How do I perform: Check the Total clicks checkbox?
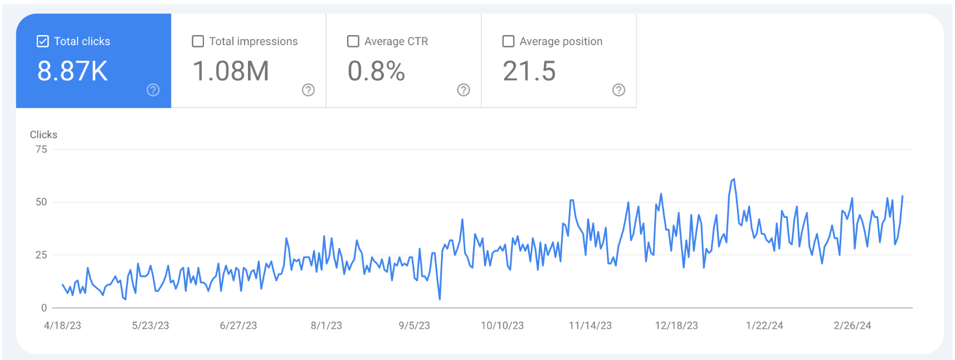(42, 41)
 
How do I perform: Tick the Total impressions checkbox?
(198, 41)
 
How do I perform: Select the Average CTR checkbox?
(353, 41)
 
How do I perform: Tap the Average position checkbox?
(508, 41)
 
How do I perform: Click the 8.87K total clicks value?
(72, 71)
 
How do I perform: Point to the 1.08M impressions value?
(231, 71)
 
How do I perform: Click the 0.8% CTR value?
(376, 71)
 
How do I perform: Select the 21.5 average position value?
(529, 71)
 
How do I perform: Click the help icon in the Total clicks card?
(153, 90)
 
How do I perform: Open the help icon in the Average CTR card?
(464, 90)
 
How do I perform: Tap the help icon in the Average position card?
(618, 90)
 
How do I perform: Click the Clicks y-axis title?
(43, 134)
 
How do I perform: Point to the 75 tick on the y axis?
(41, 149)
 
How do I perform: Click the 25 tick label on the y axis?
(41, 255)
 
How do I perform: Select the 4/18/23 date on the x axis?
(62, 325)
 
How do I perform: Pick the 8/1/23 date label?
(327, 325)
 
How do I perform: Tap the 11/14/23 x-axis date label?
(590, 325)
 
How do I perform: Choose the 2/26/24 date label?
(852, 325)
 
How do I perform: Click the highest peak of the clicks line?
(734, 179)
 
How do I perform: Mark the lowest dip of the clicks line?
(440, 299)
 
